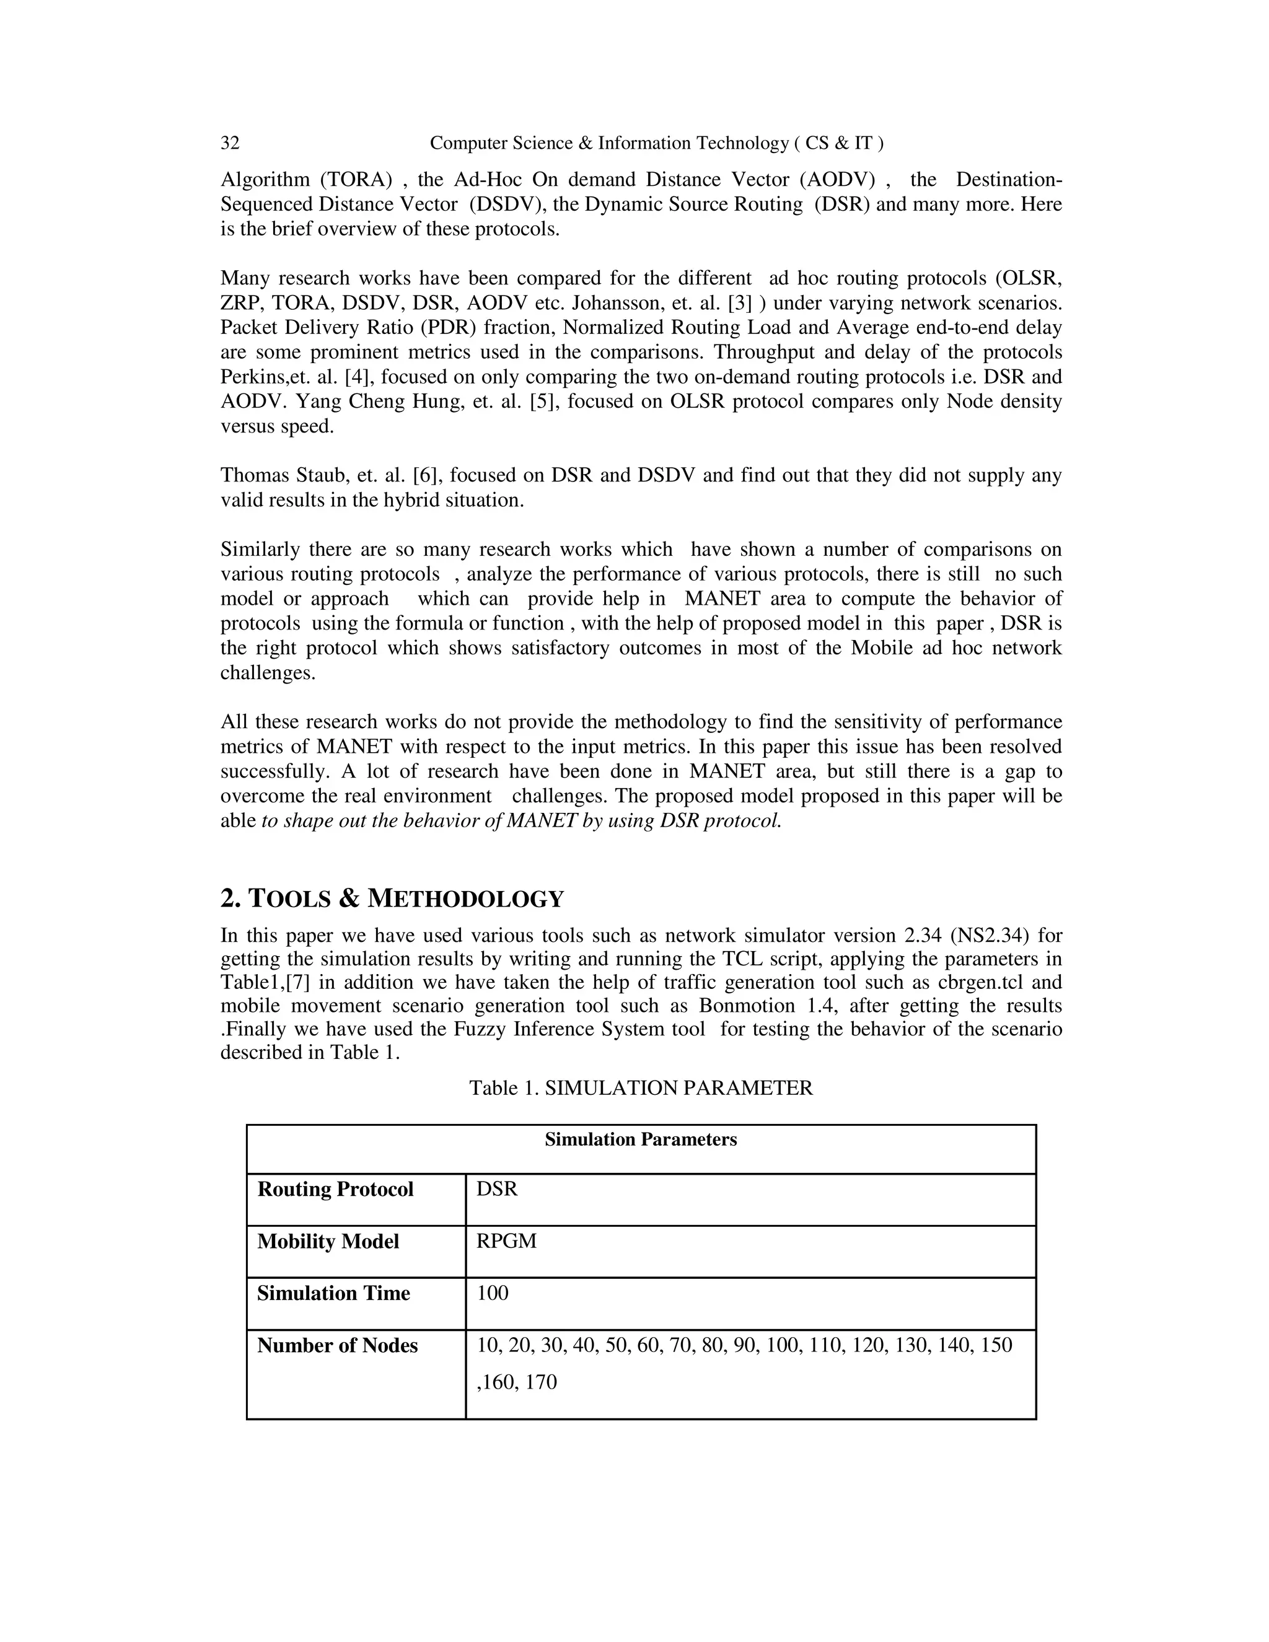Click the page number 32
point(230,143)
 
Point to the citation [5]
point(543,402)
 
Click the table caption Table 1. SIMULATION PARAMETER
point(641,1088)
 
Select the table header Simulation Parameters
point(641,1139)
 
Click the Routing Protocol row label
point(335,1190)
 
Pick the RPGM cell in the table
point(507,1241)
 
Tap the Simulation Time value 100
point(493,1293)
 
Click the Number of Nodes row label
point(337,1345)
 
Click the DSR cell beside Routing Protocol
point(497,1190)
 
